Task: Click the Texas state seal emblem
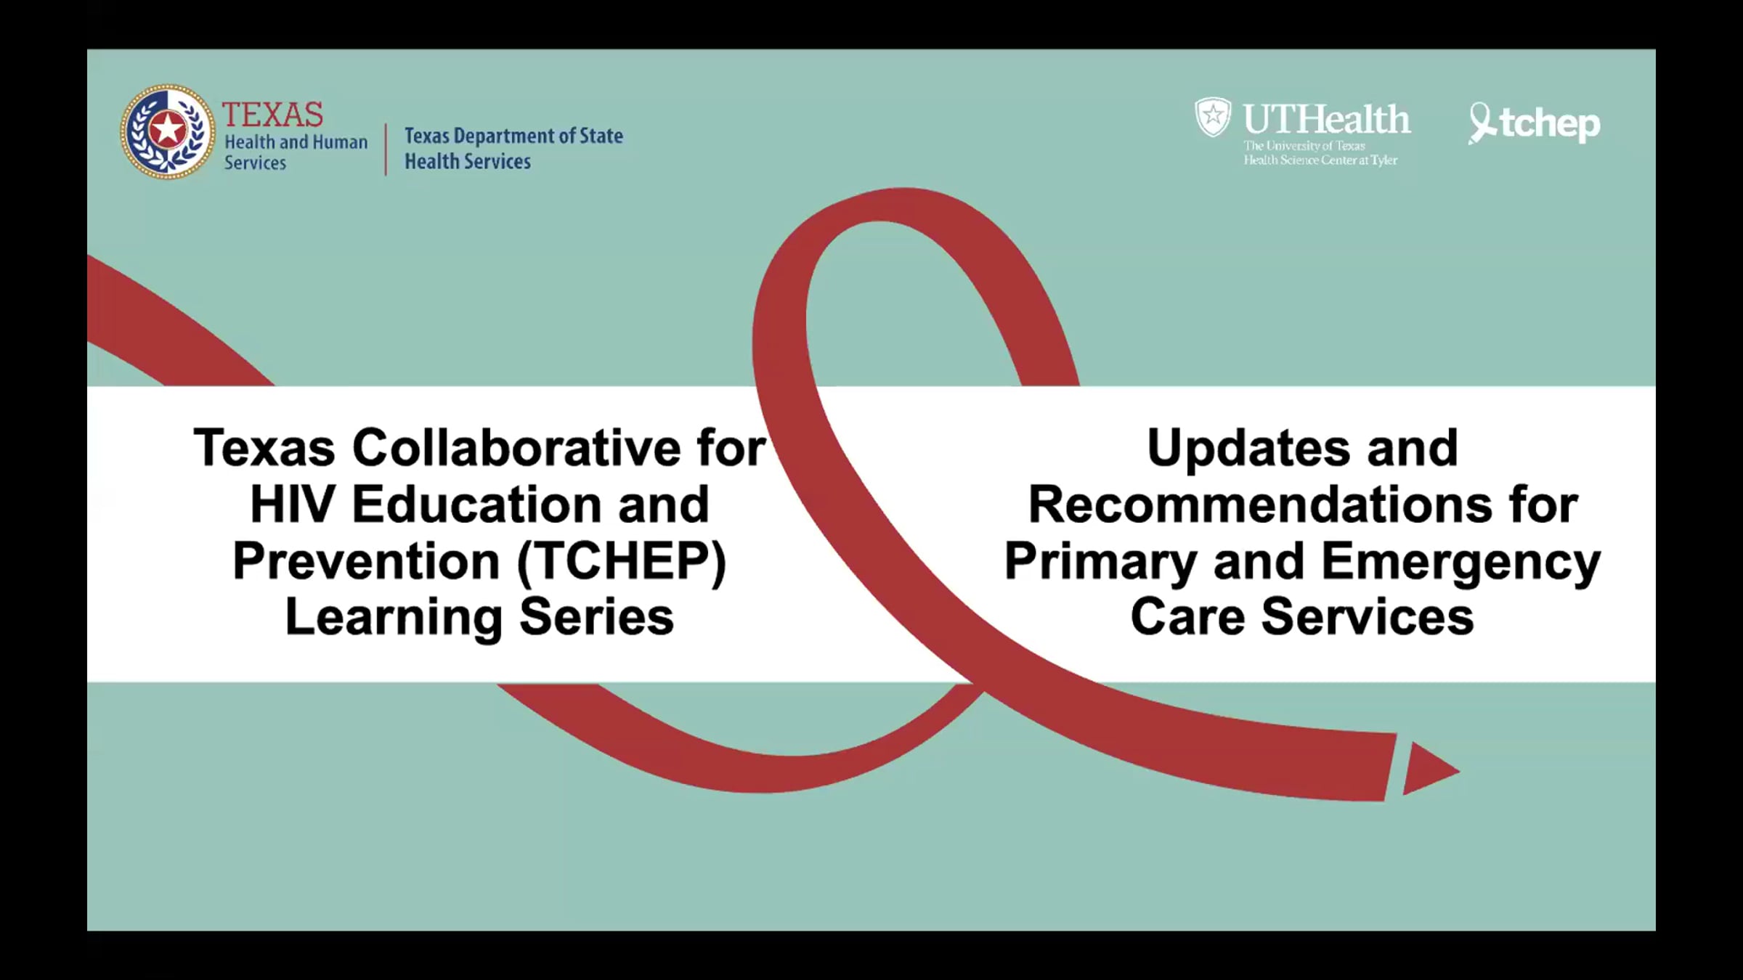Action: (168, 131)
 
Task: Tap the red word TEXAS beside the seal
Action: (272, 115)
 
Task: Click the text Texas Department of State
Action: (513, 136)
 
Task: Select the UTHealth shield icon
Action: (1213, 117)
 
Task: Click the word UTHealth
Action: (1327, 119)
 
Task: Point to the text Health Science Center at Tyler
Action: (1320, 160)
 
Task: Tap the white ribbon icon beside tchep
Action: (1482, 123)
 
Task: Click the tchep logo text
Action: (1550, 124)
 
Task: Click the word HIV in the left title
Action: (293, 505)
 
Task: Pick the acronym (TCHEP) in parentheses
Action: (622, 562)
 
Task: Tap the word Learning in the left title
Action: (394, 618)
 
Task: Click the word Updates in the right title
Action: (1248, 449)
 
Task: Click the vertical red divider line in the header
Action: (386, 150)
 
